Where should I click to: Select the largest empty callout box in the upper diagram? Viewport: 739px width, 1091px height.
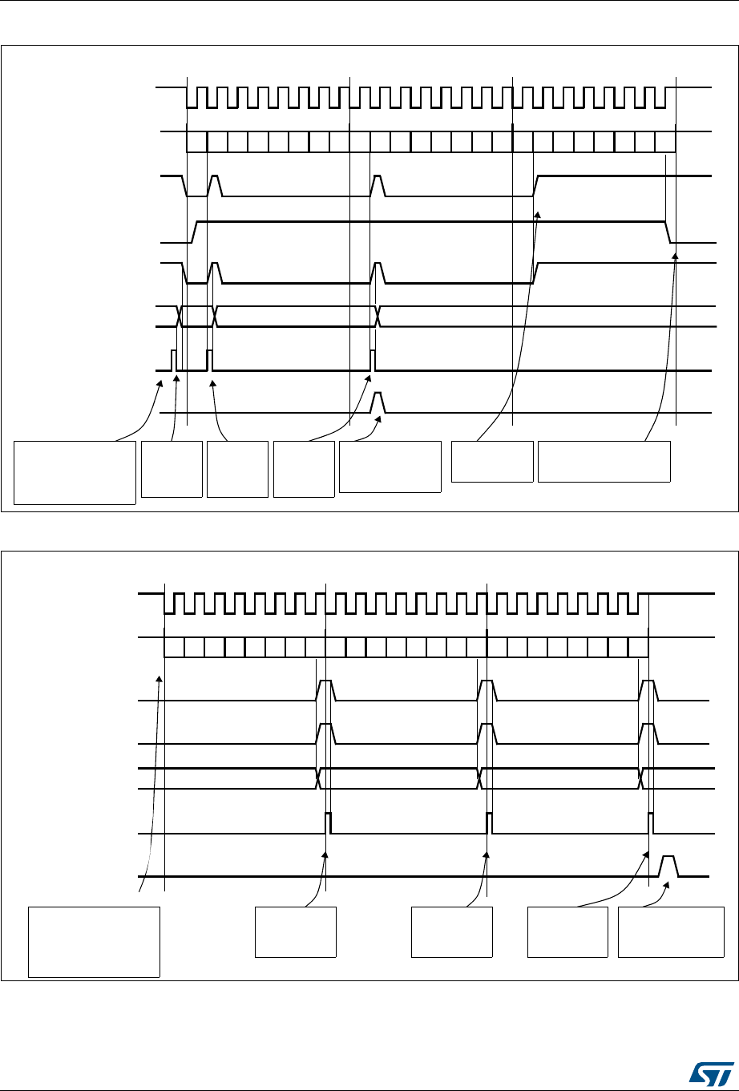coord(75,471)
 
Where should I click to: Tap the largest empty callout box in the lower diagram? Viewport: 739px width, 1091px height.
coord(94,941)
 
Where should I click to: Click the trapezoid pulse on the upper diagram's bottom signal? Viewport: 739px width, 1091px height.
coord(379,402)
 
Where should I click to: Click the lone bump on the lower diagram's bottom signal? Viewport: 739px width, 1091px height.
coord(668,866)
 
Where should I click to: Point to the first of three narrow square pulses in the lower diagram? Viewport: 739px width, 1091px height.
coord(328,822)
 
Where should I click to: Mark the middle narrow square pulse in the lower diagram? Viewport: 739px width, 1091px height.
coord(489,822)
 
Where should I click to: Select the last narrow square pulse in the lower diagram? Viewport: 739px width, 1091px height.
coord(650,822)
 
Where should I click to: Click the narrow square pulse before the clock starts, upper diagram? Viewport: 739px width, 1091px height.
coord(173,360)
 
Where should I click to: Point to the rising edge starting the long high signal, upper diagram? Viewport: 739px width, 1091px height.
coord(193,231)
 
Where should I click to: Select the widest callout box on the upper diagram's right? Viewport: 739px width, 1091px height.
coord(604,461)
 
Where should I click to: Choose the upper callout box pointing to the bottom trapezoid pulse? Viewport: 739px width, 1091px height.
coord(390,466)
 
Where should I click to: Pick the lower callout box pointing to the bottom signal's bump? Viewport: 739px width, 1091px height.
coord(671,931)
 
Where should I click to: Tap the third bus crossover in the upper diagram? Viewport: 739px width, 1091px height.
coord(378,317)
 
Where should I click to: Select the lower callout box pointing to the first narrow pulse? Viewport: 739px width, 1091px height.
coord(295,931)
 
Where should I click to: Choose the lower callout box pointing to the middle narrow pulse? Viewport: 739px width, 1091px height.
coord(451,931)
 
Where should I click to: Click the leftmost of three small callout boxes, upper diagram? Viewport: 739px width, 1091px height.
coord(172,468)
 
